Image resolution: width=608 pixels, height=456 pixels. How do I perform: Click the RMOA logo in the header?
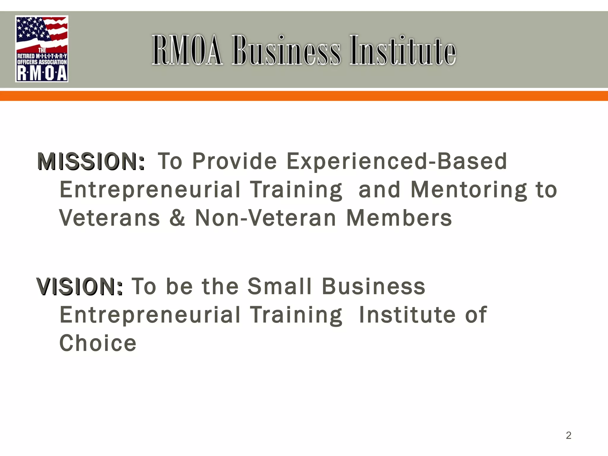point(42,49)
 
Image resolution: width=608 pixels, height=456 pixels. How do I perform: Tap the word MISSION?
point(91,162)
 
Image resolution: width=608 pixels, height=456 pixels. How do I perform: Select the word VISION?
point(80,287)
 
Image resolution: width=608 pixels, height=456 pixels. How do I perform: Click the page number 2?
point(569,435)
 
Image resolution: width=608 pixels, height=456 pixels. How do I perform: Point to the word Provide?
point(235,161)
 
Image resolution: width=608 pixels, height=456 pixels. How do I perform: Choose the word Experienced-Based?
point(397,161)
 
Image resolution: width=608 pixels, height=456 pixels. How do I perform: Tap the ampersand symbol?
point(177,218)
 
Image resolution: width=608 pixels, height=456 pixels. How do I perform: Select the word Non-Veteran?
point(265,218)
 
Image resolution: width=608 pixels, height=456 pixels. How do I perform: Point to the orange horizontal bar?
point(304,96)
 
